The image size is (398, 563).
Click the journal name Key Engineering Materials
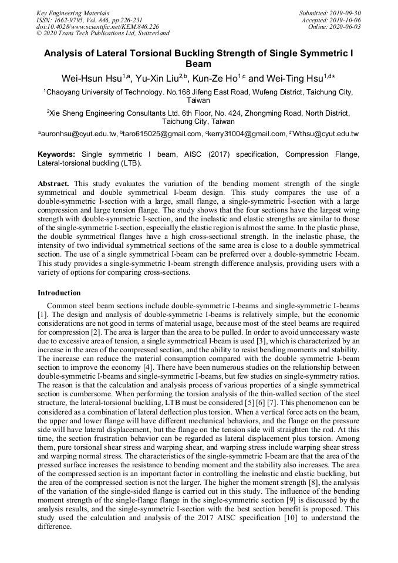(x=73, y=13)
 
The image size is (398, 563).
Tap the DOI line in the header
(x=97, y=27)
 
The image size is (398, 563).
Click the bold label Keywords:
(x=58, y=154)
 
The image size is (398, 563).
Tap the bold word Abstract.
(x=54, y=183)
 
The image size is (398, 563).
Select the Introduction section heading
(x=59, y=292)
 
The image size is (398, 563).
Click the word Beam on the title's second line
(x=198, y=64)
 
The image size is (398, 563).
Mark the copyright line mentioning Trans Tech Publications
(x=103, y=33)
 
